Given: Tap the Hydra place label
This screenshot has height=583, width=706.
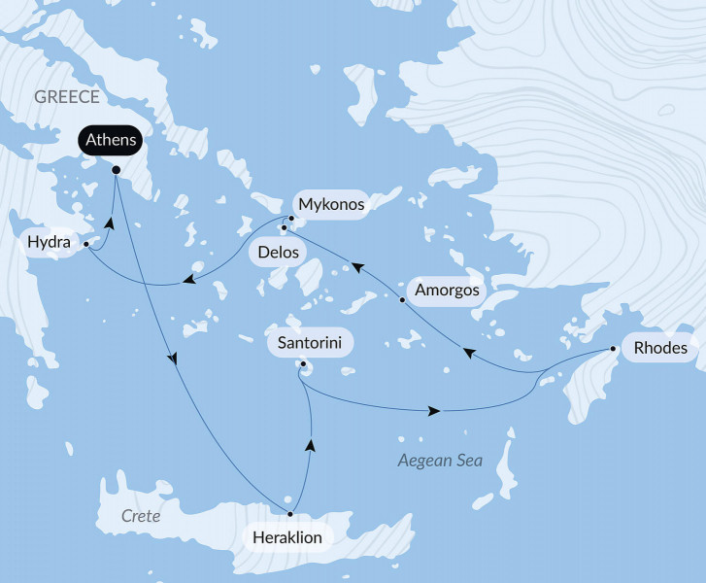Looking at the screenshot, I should tap(49, 242).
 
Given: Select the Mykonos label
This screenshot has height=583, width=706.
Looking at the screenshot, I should tap(331, 205).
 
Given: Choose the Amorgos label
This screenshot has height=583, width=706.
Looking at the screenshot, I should tap(447, 290).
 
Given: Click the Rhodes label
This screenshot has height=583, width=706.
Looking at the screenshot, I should tap(659, 348).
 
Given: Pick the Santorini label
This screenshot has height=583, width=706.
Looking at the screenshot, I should tap(309, 343).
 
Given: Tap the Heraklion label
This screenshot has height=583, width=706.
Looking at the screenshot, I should tap(286, 536).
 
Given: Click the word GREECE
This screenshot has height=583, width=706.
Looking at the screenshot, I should tap(67, 96).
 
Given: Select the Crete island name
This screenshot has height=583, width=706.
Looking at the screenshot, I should tap(140, 517).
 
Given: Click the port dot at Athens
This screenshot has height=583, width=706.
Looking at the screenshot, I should tap(116, 170).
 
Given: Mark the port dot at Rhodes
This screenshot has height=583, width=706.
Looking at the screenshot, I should tap(613, 348).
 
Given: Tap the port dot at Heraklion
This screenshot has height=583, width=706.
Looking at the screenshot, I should tap(290, 513).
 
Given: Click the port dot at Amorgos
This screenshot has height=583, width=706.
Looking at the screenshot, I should tap(402, 300).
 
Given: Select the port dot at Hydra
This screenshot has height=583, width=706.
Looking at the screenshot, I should tap(86, 243).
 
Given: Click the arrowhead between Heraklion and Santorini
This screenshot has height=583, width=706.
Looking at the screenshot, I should tap(311, 445).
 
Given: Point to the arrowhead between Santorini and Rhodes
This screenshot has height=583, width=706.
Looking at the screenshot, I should tap(434, 412).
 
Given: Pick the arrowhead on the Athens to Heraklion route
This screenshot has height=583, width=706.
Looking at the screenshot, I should tap(174, 359).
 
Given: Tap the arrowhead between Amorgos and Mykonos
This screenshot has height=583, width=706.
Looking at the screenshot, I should tap(356, 265).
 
